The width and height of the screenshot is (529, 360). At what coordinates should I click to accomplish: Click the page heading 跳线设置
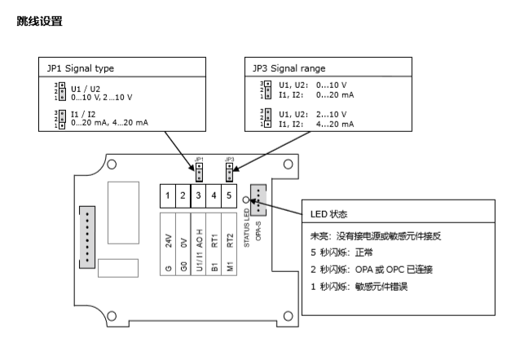click(39, 21)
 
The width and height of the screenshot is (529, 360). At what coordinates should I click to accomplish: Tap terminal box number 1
click(167, 195)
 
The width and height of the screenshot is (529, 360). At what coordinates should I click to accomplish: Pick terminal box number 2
click(183, 195)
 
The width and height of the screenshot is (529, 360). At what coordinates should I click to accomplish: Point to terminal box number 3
click(198, 195)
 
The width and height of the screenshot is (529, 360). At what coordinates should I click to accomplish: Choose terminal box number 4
click(214, 195)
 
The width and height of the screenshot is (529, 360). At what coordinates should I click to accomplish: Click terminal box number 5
click(229, 195)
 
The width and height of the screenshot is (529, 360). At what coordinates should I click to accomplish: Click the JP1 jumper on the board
click(198, 171)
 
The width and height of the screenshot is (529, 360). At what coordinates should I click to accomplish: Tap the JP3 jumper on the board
click(230, 171)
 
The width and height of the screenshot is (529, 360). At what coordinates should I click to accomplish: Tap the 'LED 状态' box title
click(329, 213)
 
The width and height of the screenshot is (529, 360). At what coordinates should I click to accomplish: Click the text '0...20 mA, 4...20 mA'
click(110, 122)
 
